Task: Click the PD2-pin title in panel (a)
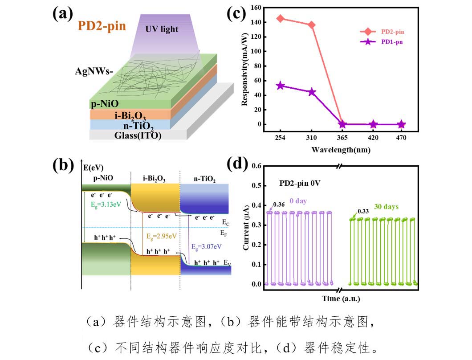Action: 102,26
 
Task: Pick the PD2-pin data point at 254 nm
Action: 280,19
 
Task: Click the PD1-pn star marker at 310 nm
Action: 312,92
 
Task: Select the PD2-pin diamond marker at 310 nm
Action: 312,25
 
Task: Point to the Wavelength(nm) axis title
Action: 342,150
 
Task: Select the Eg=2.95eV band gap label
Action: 159,236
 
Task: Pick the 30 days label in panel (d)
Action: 386,207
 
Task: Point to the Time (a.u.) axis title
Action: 342,298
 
